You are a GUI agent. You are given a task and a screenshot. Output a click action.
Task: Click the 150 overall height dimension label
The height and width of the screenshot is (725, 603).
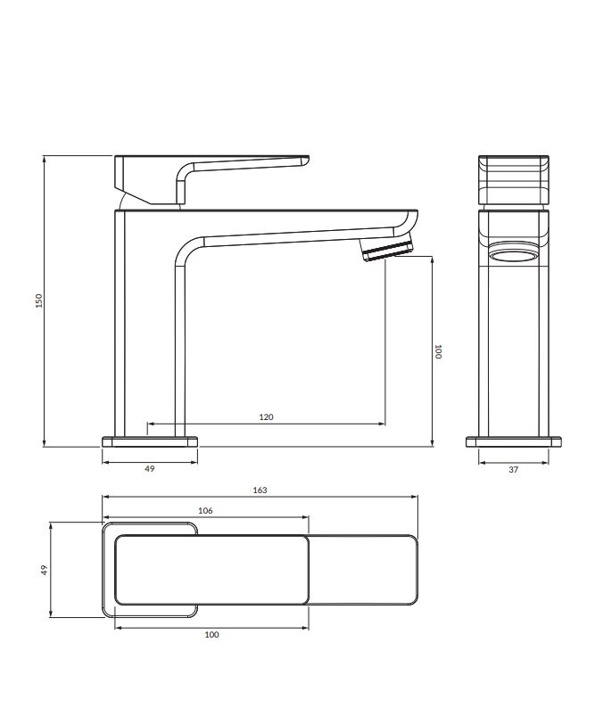[39, 301]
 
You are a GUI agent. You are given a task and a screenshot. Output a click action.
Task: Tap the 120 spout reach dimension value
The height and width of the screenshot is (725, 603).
[266, 417]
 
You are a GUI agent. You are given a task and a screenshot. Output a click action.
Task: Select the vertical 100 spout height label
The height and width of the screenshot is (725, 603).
[438, 351]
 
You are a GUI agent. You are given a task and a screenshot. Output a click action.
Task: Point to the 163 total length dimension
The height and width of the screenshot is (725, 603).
[260, 490]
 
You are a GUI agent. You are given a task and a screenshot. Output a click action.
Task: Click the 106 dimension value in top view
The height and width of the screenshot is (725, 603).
[205, 510]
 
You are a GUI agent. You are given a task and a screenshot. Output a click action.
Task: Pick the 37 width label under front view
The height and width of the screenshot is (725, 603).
[513, 470]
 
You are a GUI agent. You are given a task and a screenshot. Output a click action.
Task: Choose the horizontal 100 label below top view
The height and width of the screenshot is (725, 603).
[211, 635]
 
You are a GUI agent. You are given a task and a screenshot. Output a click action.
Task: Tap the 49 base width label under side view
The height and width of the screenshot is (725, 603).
[149, 469]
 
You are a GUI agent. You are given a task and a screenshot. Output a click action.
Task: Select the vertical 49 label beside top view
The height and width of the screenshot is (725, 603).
[44, 570]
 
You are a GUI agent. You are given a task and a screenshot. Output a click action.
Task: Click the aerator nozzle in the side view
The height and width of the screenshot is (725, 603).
[387, 249]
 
